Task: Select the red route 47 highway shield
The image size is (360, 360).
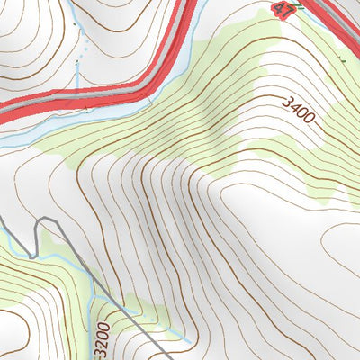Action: click(x=283, y=10)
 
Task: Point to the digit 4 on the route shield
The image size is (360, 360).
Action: click(x=279, y=10)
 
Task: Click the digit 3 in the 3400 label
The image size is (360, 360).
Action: click(x=287, y=103)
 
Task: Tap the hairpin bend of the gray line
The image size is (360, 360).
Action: click(x=40, y=222)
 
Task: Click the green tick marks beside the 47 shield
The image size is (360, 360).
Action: click(x=297, y=6)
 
